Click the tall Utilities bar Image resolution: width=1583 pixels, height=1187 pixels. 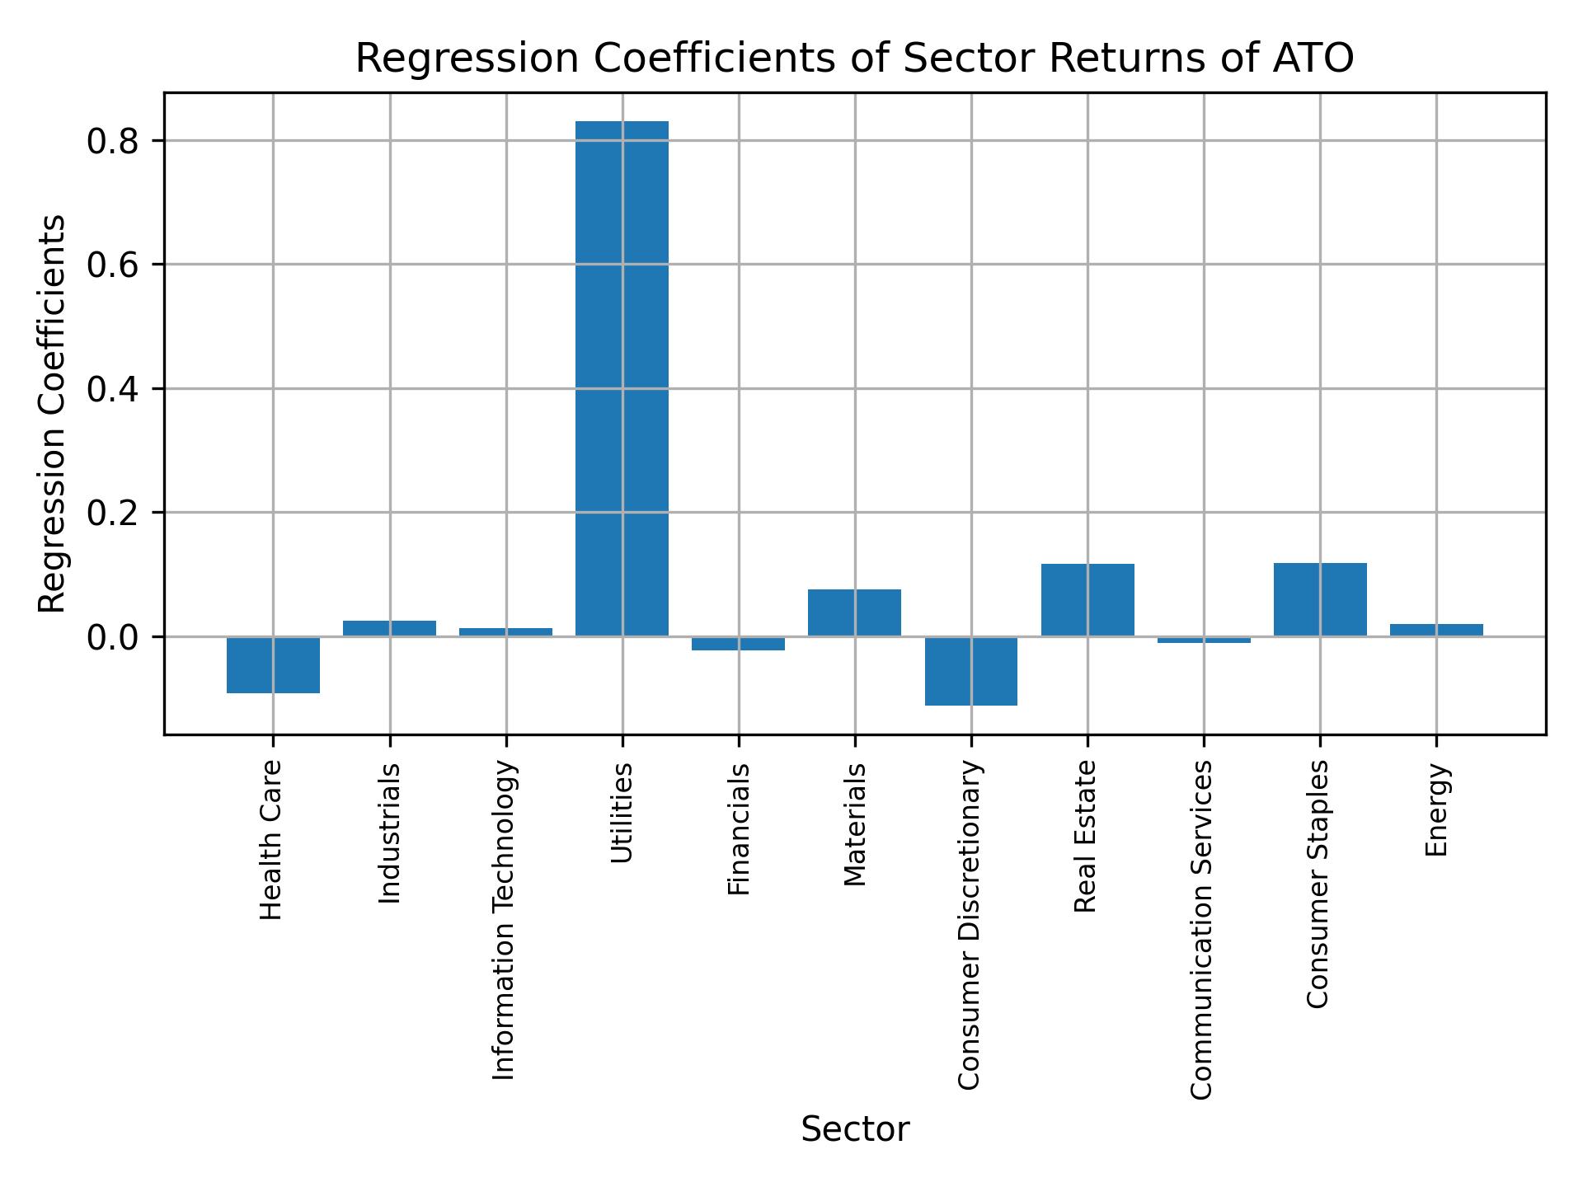(622, 379)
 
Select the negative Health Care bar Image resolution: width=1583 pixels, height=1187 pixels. (273, 664)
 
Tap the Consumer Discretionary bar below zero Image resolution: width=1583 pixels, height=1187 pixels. (970, 671)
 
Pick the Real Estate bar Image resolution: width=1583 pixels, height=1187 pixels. (1087, 600)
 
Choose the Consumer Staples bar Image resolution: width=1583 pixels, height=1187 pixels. (1320, 599)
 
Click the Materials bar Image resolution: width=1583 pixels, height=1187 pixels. (854, 612)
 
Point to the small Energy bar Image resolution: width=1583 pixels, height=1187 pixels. (1436, 631)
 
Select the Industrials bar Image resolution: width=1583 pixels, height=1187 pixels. (389, 628)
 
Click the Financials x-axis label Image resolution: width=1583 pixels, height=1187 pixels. (739, 828)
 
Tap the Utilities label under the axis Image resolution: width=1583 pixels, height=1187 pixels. (622, 812)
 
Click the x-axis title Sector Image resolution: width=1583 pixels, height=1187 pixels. (855, 1129)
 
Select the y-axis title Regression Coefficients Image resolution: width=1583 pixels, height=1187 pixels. (53, 414)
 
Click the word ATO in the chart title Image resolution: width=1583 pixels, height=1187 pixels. (1313, 59)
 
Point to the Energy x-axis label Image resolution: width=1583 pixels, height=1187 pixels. (1437, 809)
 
